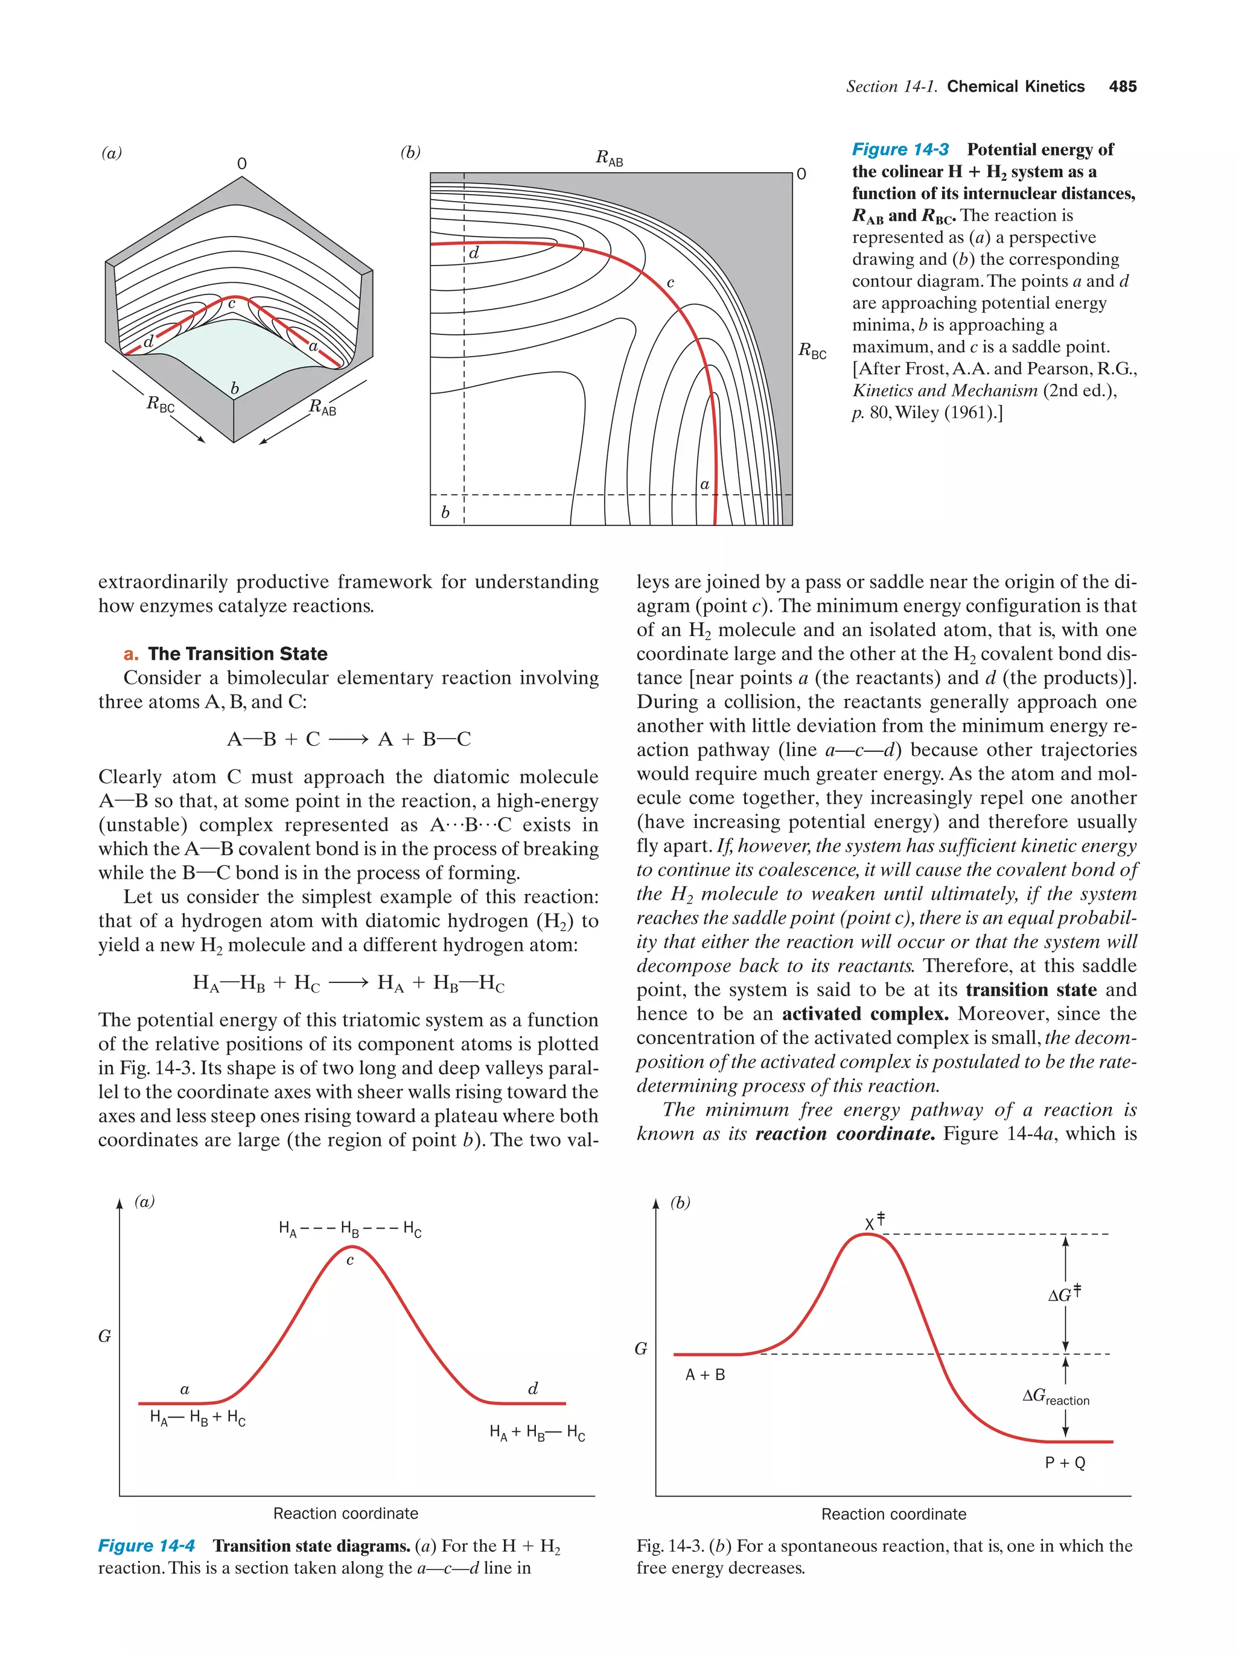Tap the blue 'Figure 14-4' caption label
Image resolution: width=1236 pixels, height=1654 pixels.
click(147, 1545)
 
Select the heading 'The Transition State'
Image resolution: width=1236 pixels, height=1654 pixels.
click(237, 654)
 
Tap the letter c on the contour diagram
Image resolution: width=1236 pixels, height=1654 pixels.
click(670, 282)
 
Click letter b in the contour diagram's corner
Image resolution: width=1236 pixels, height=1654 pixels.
click(445, 512)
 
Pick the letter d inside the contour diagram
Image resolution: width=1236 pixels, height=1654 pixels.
click(473, 253)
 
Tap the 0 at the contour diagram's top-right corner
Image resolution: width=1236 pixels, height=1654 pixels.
click(801, 174)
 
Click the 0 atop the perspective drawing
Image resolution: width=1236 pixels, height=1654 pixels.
click(241, 163)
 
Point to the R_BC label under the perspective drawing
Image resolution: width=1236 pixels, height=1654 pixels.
click(160, 404)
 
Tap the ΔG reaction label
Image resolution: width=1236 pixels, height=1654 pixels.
click(1055, 1396)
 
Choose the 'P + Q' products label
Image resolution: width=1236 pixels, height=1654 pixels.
click(1064, 1463)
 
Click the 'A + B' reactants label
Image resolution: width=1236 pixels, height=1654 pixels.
click(704, 1375)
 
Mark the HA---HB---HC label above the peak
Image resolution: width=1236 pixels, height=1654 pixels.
click(349, 1229)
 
